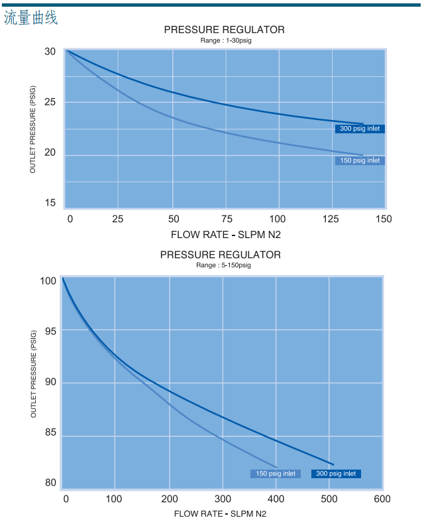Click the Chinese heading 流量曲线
31,18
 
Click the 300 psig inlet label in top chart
360,129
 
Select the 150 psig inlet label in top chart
360,161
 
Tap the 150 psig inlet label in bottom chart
276,474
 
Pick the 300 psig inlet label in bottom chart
336,474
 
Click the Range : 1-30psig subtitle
226,40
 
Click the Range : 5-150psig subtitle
223,265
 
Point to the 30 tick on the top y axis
50,52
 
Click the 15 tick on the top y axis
50,203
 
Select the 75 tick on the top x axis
226,219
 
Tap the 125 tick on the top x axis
331,219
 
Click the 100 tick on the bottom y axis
48,281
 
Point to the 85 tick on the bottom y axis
50,433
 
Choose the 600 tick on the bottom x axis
382,499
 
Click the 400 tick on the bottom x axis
276,499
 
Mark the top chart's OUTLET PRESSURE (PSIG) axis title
32,130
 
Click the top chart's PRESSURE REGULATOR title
225,30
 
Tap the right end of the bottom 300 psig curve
333,464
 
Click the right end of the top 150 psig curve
363,155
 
